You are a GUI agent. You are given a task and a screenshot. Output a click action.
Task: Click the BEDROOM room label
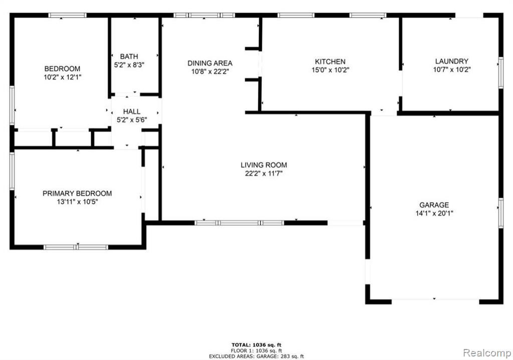(62, 69)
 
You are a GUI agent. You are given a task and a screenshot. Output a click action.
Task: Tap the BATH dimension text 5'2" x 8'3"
(129, 65)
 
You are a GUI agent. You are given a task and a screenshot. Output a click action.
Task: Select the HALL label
(132, 112)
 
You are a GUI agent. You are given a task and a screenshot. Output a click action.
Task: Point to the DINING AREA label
(210, 63)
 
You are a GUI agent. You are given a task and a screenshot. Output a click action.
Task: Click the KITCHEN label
(330, 62)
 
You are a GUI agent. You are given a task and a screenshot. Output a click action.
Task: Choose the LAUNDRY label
(452, 61)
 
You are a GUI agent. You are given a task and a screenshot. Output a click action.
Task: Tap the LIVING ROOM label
(264, 165)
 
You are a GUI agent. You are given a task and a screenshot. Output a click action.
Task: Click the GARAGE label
(434, 205)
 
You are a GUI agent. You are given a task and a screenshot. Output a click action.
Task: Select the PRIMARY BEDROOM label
(77, 194)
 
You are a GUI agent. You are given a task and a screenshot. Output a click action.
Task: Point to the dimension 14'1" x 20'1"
(434, 214)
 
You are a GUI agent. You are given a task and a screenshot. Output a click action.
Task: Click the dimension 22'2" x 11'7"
(264, 173)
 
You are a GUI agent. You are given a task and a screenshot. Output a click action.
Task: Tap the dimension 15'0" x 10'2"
(330, 70)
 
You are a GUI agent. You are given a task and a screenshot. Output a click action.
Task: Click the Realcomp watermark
(487, 353)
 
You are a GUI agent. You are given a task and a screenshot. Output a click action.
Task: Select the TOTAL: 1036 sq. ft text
(256, 344)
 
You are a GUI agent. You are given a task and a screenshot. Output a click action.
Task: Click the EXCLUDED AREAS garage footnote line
(256, 356)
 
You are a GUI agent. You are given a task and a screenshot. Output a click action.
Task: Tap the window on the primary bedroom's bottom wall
(76, 247)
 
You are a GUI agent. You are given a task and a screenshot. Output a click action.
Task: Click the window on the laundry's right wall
(500, 73)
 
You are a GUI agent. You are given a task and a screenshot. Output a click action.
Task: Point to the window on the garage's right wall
(500, 213)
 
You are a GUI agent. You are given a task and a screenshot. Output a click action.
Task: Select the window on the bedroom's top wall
(68, 15)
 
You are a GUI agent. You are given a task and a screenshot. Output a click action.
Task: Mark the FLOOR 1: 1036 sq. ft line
(256, 350)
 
